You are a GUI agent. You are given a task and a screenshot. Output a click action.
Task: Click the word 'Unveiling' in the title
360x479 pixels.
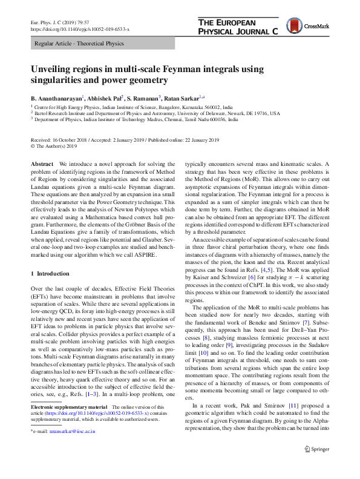(x=53, y=69)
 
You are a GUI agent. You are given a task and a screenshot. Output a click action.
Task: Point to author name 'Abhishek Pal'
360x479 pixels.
(x=103, y=97)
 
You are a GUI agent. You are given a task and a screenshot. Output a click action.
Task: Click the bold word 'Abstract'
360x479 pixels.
(x=42, y=165)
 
